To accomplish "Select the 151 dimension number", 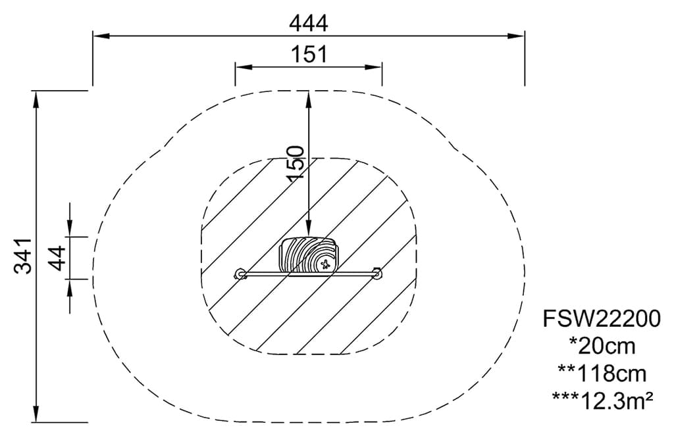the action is [x=309, y=55].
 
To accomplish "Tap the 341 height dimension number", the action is [x=22, y=256].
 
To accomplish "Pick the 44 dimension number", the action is [x=57, y=258].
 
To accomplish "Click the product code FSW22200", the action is [x=602, y=319].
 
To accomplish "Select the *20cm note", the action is [x=602, y=346].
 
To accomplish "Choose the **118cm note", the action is [x=602, y=374].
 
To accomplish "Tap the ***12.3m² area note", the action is [x=603, y=401].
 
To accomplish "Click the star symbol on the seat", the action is [x=324, y=264].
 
